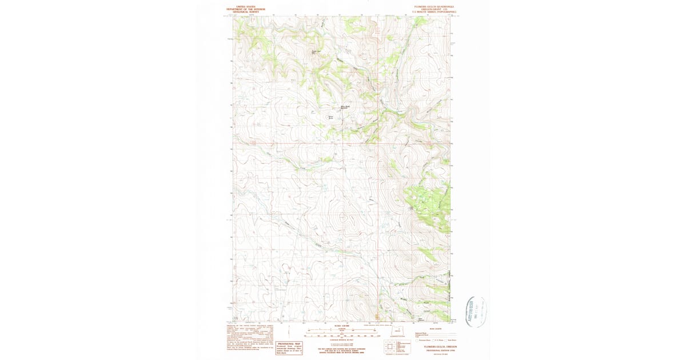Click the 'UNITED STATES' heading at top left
(x=245, y=7)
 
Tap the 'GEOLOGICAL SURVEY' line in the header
(x=245, y=12)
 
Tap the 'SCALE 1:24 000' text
(x=341, y=326)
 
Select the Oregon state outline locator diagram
(x=396, y=331)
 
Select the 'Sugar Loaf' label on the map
(x=314, y=53)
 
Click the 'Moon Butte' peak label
(x=330, y=118)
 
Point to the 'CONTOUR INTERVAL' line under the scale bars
(x=341, y=339)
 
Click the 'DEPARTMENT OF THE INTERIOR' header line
(x=245, y=10)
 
